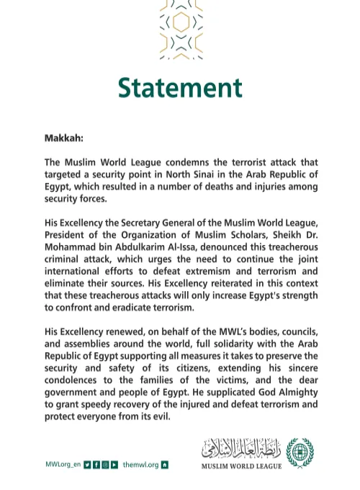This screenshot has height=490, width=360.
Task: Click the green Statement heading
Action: (x=180, y=87)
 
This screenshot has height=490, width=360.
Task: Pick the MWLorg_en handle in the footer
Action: (x=63, y=465)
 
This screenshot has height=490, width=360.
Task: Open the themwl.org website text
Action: (x=140, y=465)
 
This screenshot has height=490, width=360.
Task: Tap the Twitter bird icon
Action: (x=87, y=465)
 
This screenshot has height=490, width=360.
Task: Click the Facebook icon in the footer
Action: (x=96, y=465)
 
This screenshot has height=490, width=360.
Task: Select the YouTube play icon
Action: (x=114, y=465)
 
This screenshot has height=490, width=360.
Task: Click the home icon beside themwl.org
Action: (x=165, y=465)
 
